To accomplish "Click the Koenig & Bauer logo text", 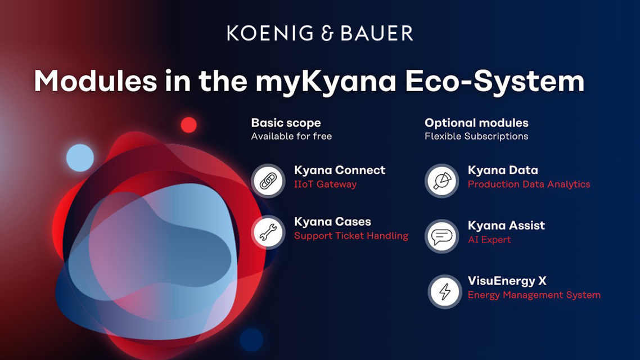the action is click(x=320, y=33).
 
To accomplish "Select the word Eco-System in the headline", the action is click(x=495, y=81).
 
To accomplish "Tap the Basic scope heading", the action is click(x=286, y=123).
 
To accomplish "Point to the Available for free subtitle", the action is click(x=291, y=136).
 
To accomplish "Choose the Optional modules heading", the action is click(x=476, y=123).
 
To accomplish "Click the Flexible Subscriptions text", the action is click(x=476, y=136).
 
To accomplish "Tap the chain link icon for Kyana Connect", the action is click(x=268, y=181).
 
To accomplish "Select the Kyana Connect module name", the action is click(x=340, y=170).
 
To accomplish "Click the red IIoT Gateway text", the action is click(x=325, y=184).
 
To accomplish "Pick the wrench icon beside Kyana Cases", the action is click(x=268, y=232).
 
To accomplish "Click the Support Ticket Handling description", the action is click(x=351, y=236).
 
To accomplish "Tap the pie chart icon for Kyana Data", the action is click(x=442, y=181).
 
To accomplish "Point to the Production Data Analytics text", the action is click(x=529, y=184).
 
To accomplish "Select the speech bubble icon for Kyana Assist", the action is click(x=442, y=236).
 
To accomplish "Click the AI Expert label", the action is click(x=489, y=240).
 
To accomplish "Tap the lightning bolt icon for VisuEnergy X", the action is click(x=445, y=291).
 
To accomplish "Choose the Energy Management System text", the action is click(x=534, y=295).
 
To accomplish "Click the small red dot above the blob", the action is click(x=188, y=125).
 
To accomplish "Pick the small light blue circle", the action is click(x=80, y=157).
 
